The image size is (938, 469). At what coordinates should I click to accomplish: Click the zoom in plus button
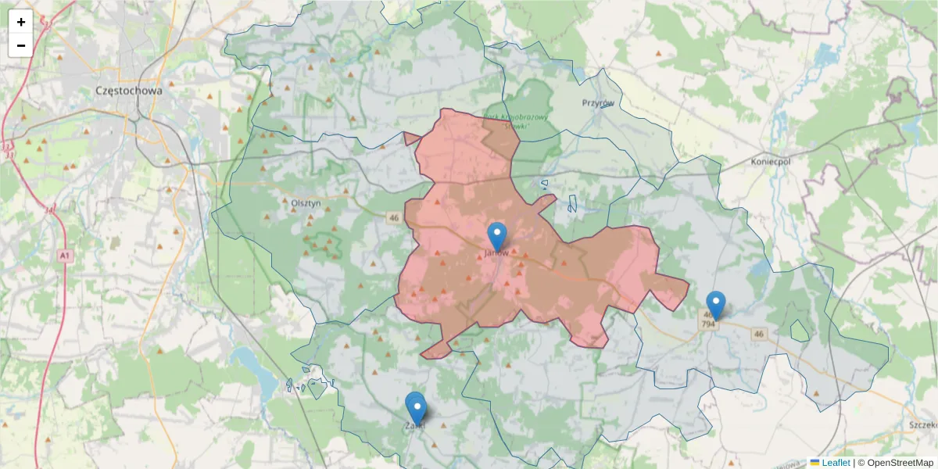[x=21, y=22]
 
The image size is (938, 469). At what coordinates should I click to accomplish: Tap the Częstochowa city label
[x=128, y=90]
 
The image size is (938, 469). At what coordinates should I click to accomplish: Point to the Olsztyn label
[x=306, y=202]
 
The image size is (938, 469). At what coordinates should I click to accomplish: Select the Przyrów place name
[x=598, y=102]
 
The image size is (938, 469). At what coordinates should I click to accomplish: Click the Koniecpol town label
[x=770, y=161]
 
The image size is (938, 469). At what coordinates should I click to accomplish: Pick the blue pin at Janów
[x=496, y=237]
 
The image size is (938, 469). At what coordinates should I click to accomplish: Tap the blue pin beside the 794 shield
[x=715, y=305]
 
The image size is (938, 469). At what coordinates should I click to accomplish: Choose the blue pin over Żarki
[x=417, y=409]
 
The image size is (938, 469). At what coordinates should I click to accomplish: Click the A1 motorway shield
[x=64, y=256]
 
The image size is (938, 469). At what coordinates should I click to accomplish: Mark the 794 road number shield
[x=708, y=324]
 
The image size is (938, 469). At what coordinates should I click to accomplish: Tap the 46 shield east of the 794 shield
[x=758, y=334]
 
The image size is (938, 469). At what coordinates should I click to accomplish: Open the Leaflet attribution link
[x=836, y=463]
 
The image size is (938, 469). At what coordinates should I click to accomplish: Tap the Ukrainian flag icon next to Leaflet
[x=814, y=463]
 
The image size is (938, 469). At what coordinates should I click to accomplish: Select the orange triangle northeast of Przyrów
[x=658, y=55]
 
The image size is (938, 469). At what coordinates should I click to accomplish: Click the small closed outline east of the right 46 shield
[x=800, y=331]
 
